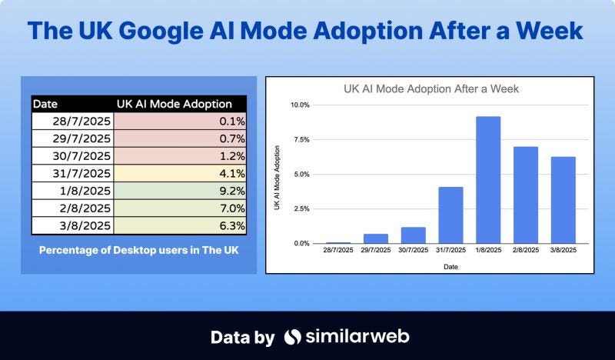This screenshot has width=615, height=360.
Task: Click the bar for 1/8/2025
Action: tap(488, 180)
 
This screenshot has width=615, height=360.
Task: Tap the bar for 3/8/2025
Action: tap(563, 200)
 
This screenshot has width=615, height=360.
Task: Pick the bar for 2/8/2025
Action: tap(526, 195)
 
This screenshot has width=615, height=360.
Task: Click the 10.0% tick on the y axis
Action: tap(301, 105)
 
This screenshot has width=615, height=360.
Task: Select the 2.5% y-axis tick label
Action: tap(301, 208)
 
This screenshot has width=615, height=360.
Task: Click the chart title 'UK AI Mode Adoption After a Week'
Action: tap(430, 88)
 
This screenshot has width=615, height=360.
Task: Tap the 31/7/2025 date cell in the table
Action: tap(72, 173)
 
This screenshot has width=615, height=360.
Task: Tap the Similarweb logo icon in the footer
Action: tap(292, 337)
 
